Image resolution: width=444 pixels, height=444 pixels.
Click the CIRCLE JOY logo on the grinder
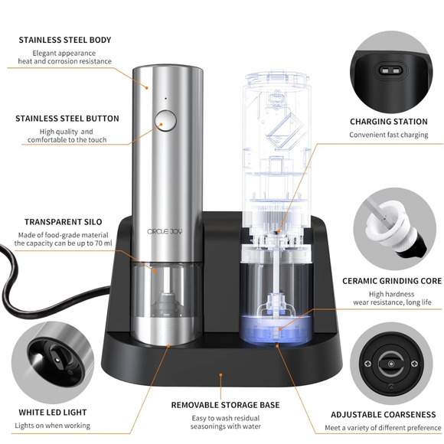tap(165, 230)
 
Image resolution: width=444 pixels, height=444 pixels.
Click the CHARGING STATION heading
tap(389, 122)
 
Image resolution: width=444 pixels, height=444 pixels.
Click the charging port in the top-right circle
tap(390, 73)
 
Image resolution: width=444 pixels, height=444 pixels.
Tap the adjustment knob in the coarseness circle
tap(391, 362)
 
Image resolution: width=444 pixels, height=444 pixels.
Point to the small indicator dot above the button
tap(165, 98)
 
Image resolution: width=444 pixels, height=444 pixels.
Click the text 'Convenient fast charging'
tap(389, 135)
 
